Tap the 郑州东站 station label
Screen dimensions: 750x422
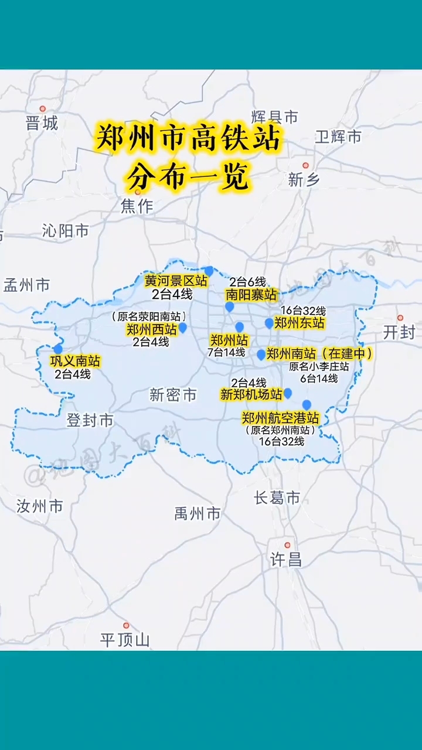click(299, 323)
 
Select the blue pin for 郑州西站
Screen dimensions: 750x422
click(182, 328)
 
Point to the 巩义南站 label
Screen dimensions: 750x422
click(75, 361)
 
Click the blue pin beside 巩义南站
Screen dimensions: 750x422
click(57, 349)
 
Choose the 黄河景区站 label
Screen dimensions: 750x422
click(176, 281)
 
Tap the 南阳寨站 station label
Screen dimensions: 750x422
click(251, 295)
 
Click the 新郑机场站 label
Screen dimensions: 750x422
click(251, 395)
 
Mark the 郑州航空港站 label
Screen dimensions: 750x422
click(281, 418)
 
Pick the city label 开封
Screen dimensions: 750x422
click(399, 333)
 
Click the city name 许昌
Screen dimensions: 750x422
click(286, 560)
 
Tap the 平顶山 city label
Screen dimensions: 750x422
click(124, 640)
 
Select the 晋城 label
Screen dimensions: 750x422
click(42, 124)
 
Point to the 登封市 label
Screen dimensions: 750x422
click(90, 421)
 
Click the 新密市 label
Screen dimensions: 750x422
click(173, 396)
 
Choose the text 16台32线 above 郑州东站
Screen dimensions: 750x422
click(302, 311)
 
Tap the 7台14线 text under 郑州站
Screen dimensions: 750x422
click(226, 353)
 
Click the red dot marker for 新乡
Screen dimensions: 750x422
click(305, 166)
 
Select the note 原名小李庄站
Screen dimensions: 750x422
click(319, 367)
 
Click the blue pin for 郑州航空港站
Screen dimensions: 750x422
click(307, 404)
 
